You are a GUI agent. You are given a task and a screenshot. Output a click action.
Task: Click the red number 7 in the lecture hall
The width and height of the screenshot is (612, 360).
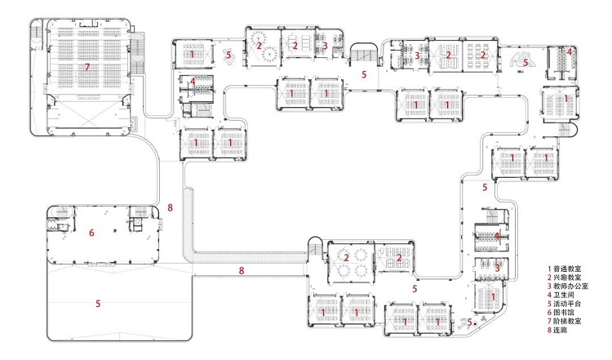(x=87, y=68)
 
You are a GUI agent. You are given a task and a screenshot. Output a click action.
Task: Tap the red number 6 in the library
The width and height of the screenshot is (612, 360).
(x=91, y=233)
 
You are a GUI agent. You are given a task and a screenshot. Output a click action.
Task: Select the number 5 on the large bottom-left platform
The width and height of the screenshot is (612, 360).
(x=98, y=304)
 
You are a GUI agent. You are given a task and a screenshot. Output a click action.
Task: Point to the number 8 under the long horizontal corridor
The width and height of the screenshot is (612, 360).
(x=242, y=270)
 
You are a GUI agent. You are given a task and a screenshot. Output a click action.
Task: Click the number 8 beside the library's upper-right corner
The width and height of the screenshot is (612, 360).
(x=170, y=207)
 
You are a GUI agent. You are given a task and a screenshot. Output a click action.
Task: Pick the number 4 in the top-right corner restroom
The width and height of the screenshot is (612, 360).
(x=570, y=51)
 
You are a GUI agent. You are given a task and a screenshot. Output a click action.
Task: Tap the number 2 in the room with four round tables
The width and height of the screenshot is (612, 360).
(x=346, y=258)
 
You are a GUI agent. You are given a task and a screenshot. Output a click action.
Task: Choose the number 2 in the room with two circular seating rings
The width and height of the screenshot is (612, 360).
(x=259, y=46)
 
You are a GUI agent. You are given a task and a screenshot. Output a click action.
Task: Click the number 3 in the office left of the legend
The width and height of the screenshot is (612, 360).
(x=497, y=269)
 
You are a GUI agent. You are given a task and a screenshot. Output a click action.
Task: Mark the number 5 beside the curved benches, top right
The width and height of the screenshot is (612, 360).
(x=526, y=62)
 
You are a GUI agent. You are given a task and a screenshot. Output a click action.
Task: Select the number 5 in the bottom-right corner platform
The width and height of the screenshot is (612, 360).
(x=470, y=322)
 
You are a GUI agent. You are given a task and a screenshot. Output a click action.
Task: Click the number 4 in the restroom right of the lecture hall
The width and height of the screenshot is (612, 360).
(x=193, y=82)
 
